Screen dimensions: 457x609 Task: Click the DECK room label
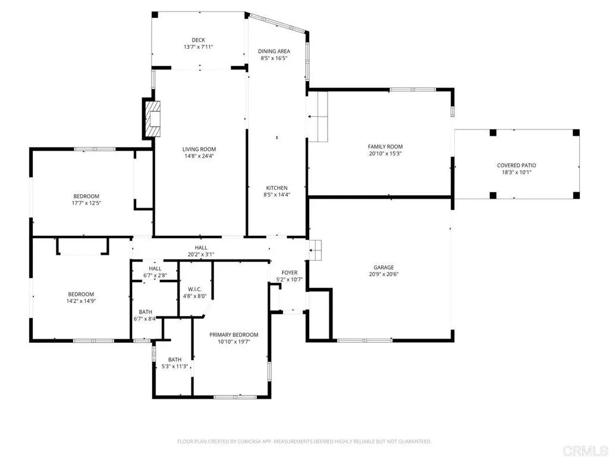point(199,40)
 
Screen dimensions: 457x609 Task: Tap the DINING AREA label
point(274,51)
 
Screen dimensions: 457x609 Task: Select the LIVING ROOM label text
point(199,149)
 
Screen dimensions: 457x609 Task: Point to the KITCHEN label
point(277,188)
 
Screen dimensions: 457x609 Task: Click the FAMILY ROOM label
point(385,146)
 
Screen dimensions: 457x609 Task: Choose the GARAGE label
point(384,268)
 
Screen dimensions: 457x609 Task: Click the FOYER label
point(290,273)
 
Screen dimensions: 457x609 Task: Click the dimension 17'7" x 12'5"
point(86,204)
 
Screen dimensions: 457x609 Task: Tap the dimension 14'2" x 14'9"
point(81,301)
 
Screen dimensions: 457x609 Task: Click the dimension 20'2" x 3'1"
point(201,255)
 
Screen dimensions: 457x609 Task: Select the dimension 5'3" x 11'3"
point(174,367)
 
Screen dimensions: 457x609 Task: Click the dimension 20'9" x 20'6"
point(384,275)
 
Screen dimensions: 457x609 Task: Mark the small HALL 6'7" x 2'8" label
point(154,272)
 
